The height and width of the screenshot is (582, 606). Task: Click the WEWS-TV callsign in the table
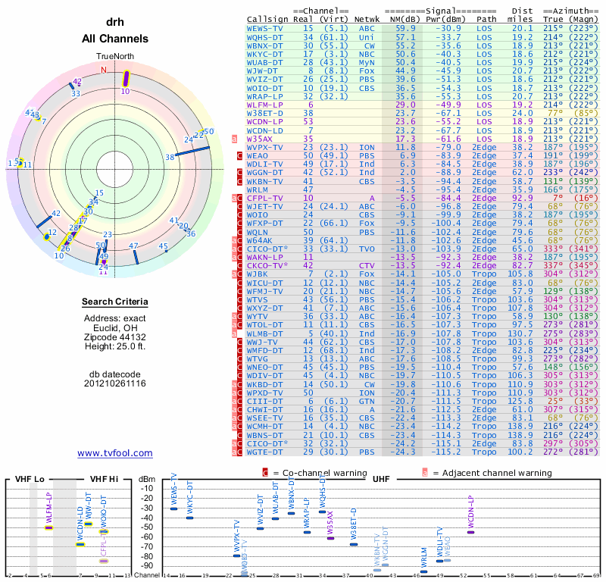(264, 28)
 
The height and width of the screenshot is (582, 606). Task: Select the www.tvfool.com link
(115, 453)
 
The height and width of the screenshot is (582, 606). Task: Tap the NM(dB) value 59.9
(405, 28)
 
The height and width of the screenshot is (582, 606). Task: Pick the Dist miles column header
(522, 15)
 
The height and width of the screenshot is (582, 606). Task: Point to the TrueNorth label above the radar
(114, 57)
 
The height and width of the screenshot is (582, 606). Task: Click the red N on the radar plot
(104, 70)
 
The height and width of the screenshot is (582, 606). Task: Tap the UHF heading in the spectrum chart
(381, 480)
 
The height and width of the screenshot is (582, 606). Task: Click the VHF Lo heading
(30, 480)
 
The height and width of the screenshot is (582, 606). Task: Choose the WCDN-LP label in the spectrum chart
(470, 512)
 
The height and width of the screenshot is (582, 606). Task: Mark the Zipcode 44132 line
(115, 337)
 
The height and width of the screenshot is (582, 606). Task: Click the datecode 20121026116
(115, 383)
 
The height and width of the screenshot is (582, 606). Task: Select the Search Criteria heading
(115, 302)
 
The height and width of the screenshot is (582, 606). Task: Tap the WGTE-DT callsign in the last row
(264, 452)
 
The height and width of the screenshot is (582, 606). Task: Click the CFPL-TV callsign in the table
(264, 198)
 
